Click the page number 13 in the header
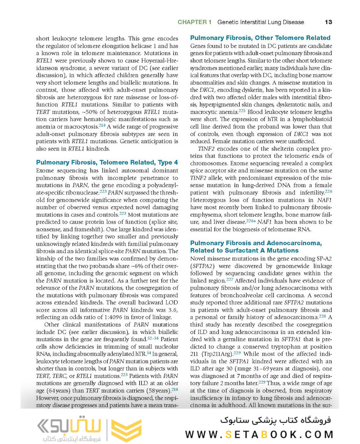coord(328,22)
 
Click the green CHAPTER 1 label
coord(194,22)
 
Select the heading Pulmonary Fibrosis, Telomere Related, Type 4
coord(107,162)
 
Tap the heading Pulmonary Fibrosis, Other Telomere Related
coord(260,38)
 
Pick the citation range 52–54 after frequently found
coord(153,339)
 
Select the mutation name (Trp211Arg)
coord(215,353)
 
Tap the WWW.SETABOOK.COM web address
coord(259,434)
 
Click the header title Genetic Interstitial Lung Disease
coord(261,22)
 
